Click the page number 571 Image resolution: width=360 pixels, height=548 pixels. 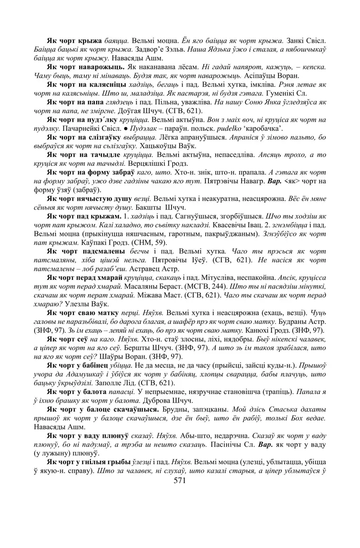180,480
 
